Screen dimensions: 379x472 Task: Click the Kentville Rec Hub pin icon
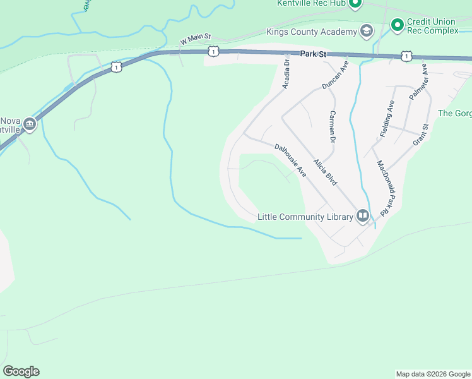pos(355,4)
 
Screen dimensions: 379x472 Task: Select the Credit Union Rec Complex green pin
pos(397,25)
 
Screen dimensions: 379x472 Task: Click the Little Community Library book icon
pos(363,217)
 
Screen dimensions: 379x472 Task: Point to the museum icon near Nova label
pos(30,125)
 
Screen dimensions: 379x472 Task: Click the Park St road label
pos(313,54)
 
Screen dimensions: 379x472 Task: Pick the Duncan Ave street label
pos(335,74)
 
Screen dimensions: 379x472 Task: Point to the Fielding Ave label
pos(387,119)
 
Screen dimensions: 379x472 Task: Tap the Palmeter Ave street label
pos(418,81)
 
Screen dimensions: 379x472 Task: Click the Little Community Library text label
pos(305,217)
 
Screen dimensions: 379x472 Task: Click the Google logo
pos(21,371)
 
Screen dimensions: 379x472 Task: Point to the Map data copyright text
pos(433,374)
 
